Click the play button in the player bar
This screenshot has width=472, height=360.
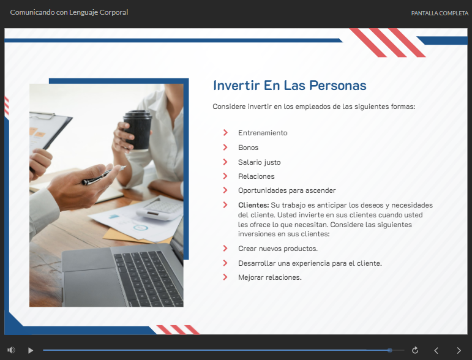pyautogui.click(x=31, y=350)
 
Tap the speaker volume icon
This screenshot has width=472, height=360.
pyautogui.click(x=11, y=350)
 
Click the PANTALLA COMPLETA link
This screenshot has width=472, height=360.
pyautogui.click(x=440, y=13)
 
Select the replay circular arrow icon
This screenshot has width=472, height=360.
pyautogui.click(x=415, y=350)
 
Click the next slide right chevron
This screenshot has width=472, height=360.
pyautogui.click(x=459, y=350)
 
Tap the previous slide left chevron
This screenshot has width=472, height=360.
pyautogui.click(x=436, y=350)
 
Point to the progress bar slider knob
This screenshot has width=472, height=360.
pyautogui.click(x=390, y=350)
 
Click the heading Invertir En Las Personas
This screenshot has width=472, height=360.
pyautogui.click(x=290, y=86)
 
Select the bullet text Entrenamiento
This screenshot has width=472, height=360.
pyautogui.click(x=263, y=133)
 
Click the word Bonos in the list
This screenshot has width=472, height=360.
pyautogui.click(x=248, y=148)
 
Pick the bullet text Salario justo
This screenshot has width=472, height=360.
pyautogui.click(x=259, y=162)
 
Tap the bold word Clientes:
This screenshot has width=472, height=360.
pyautogui.click(x=253, y=205)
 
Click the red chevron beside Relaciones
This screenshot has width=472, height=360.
pyautogui.click(x=225, y=176)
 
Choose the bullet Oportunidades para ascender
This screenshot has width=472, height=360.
pyautogui.click(x=287, y=190)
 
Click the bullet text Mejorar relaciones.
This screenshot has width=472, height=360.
pyautogui.click(x=270, y=277)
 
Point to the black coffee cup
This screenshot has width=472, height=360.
pyautogui.click(x=138, y=130)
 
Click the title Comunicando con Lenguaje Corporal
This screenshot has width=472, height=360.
pyautogui.click(x=69, y=12)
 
